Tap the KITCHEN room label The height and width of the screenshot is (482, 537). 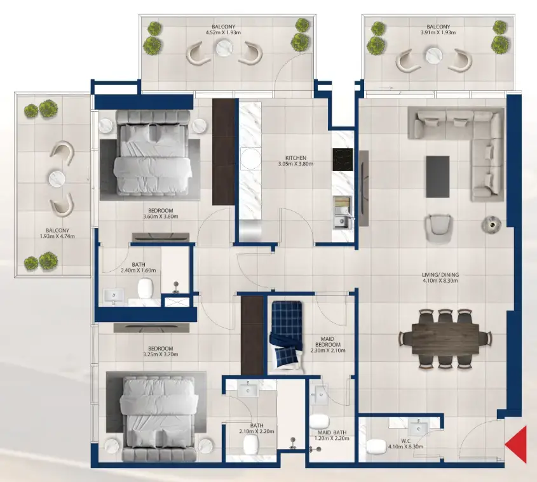296,157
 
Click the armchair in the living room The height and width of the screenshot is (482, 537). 438,226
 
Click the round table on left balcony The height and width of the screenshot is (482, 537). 59,179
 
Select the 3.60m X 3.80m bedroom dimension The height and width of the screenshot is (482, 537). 161,216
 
